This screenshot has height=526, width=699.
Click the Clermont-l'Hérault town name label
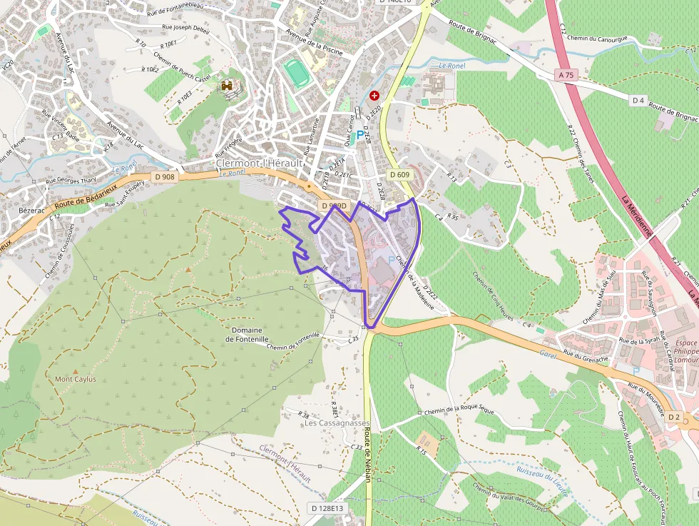(x=260, y=163)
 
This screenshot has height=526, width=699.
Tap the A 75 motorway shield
(x=566, y=74)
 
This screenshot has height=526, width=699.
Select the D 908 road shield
(x=164, y=176)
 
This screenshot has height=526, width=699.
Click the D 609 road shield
(x=399, y=175)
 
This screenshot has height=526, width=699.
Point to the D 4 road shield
(x=638, y=101)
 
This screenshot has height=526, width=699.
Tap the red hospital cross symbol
(x=374, y=95)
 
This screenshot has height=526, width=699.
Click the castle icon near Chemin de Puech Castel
(x=228, y=86)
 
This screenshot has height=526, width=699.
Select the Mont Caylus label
(x=76, y=379)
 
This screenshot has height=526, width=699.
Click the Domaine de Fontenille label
(x=247, y=334)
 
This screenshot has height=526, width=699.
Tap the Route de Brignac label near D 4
(x=673, y=113)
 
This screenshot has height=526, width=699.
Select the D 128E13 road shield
(x=327, y=508)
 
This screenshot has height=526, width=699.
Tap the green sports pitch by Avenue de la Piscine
(x=293, y=72)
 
